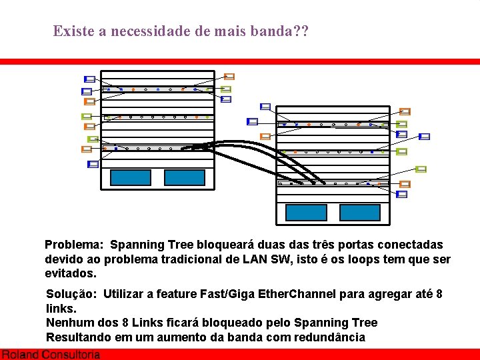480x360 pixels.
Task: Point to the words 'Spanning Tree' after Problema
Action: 157,245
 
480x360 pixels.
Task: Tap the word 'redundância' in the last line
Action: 328,337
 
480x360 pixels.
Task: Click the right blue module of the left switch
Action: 184,177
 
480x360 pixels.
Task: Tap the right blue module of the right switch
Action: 359,212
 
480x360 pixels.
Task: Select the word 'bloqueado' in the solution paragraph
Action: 245,323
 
